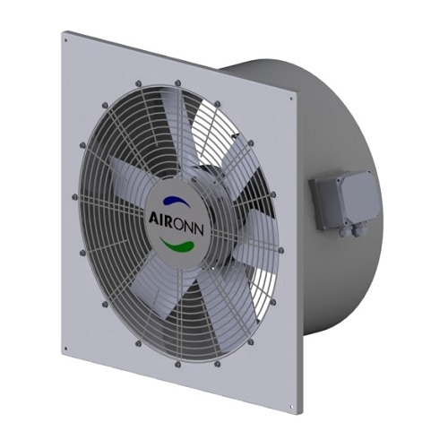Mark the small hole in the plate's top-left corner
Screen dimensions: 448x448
(x=69, y=42)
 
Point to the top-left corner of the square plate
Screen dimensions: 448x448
(x=64, y=33)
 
